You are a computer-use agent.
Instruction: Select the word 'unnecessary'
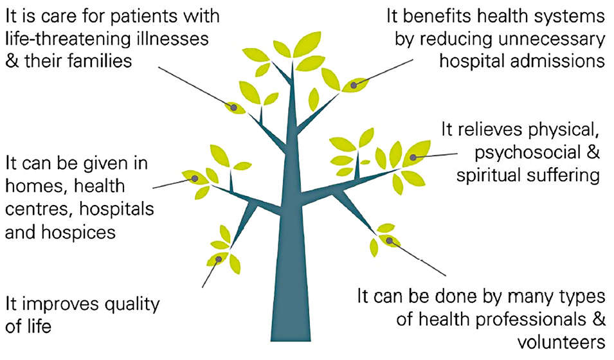pyautogui.click(x=550, y=39)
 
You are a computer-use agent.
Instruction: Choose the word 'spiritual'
pyautogui.click(x=496, y=174)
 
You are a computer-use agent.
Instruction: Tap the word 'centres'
pyautogui.click(x=36, y=209)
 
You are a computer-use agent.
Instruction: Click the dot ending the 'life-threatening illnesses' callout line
pyautogui.click(x=234, y=107)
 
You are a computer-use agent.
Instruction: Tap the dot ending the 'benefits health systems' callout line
pyautogui.click(x=354, y=84)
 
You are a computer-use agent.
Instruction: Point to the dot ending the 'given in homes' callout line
pyautogui.click(x=193, y=177)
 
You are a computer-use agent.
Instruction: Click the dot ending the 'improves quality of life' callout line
pyautogui.click(x=219, y=259)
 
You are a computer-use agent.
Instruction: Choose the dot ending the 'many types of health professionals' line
pyautogui.click(x=389, y=240)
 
